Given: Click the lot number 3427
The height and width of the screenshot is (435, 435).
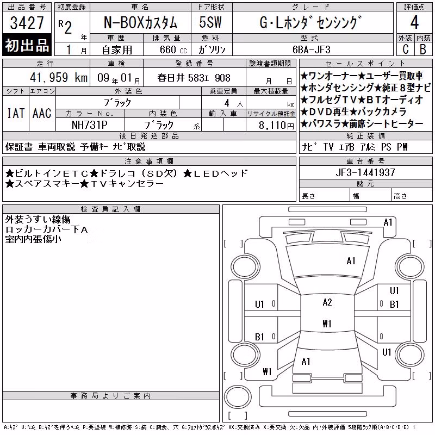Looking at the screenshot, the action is click(27, 22).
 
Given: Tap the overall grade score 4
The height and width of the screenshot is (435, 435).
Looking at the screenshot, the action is click(414, 22).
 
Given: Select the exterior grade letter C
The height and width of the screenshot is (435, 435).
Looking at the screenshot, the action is click(405, 49).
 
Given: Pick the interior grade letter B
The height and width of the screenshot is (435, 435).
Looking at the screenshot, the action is click(423, 49).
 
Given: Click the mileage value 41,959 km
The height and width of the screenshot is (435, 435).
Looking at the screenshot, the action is click(59, 78).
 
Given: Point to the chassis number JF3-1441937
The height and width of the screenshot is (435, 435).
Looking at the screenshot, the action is click(365, 172).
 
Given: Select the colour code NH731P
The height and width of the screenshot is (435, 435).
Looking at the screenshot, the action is click(89, 125).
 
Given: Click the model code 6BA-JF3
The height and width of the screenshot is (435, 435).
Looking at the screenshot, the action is click(312, 49).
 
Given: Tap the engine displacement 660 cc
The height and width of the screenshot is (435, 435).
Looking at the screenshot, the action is click(173, 50).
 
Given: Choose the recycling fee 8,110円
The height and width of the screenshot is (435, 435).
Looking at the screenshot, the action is click(276, 126).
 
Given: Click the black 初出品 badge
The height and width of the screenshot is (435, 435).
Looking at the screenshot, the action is click(27, 45).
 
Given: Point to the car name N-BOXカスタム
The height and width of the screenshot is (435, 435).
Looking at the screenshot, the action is click(140, 22).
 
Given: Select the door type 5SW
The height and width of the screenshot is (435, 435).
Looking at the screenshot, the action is click(210, 22).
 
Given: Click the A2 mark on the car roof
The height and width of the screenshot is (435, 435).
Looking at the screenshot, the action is click(327, 302).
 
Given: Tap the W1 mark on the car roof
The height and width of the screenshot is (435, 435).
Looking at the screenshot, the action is click(327, 324).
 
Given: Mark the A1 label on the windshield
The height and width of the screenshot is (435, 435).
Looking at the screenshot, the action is click(351, 261).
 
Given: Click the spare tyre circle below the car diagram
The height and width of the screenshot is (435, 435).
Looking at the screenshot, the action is click(238, 396).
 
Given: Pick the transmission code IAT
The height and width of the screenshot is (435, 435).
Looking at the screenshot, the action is click(16, 113).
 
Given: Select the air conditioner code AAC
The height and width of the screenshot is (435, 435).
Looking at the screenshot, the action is click(42, 113).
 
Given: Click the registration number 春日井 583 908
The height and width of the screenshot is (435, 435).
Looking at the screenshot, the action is click(194, 78).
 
